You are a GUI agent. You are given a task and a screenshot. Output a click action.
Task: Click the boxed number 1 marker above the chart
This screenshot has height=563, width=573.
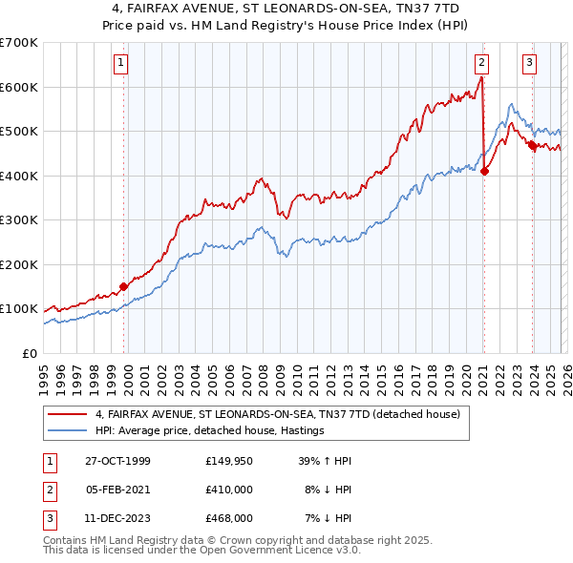(x=123, y=64)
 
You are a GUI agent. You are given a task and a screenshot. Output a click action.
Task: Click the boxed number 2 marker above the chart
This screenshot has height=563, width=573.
(x=481, y=64)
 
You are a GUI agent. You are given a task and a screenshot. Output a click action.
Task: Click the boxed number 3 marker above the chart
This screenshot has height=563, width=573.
(x=529, y=64)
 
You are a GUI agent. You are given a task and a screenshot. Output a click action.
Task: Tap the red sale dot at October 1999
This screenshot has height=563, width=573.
(x=124, y=286)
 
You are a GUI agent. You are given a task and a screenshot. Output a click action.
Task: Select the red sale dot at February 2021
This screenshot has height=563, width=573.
(x=484, y=172)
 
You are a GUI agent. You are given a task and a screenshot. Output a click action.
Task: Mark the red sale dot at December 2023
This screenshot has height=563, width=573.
(x=531, y=146)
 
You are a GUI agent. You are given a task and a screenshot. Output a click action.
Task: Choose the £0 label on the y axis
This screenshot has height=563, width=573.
(x=29, y=353)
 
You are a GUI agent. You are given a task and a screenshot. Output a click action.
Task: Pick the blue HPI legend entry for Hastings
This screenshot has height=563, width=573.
(x=210, y=431)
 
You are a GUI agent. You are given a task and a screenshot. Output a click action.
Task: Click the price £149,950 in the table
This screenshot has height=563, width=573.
(x=229, y=461)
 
